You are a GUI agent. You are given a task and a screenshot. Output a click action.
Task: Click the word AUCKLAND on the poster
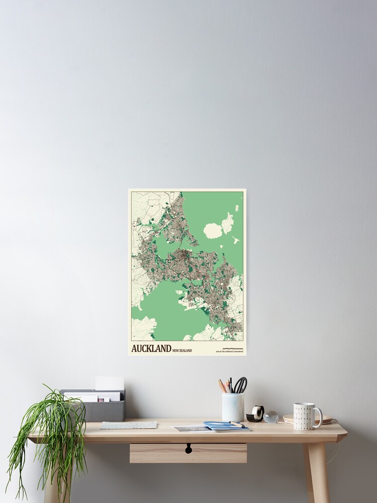point(151,348)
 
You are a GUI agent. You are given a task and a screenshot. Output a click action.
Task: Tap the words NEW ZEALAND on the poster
point(182,350)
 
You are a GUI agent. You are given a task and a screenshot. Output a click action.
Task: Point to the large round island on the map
point(213,231)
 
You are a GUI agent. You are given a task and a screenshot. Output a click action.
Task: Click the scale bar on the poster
point(232,348)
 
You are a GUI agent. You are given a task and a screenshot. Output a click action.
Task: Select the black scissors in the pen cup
point(241,385)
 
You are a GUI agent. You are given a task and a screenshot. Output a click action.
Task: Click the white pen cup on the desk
point(233,406)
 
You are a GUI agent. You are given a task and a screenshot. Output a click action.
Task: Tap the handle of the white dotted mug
point(318,416)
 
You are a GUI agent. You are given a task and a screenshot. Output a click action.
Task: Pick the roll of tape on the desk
point(257,413)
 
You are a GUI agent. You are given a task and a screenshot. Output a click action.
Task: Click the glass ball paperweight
point(271,416)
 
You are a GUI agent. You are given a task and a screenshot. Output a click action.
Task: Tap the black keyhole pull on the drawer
point(189,448)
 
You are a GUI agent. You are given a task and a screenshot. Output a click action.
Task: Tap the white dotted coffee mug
point(305,416)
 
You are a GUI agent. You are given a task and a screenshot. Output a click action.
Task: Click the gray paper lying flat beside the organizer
point(128,425)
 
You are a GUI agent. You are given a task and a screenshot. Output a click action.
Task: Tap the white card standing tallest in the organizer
point(110,383)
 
